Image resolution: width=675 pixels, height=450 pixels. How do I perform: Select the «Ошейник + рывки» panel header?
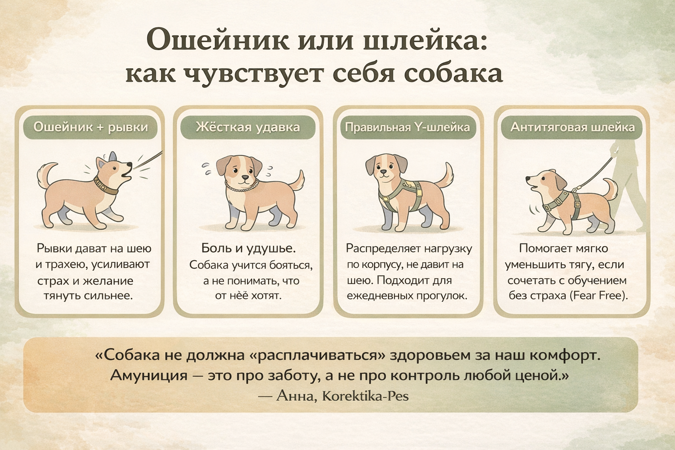tap(91, 127)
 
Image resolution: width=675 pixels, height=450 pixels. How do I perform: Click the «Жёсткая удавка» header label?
tap(248, 127)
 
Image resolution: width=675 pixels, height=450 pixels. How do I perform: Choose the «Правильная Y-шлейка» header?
tap(407, 127)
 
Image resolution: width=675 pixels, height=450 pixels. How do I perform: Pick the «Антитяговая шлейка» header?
tap(572, 127)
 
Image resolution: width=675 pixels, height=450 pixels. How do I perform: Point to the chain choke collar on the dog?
tap(242, 186)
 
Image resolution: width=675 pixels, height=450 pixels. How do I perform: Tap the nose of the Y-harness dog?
tap(383, 172)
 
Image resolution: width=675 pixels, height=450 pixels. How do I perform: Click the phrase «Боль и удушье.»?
tap(248, 248)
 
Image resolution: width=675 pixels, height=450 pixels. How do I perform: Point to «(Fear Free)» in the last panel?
tap(599, 295)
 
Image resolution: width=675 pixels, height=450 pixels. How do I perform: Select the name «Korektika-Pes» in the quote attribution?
tap(365, 396)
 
